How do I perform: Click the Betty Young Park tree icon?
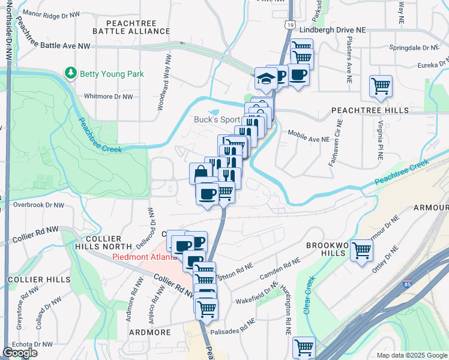[71, 73]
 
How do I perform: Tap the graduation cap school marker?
[266, 79]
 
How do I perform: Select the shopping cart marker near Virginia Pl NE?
[381, 86]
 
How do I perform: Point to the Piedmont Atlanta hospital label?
[144, 257]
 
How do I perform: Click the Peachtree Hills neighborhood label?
[370, 110]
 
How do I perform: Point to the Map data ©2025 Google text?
[411, 355]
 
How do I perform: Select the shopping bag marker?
[200, 173]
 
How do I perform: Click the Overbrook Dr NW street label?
[38, 205]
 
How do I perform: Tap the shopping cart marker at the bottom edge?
[304, 347]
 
